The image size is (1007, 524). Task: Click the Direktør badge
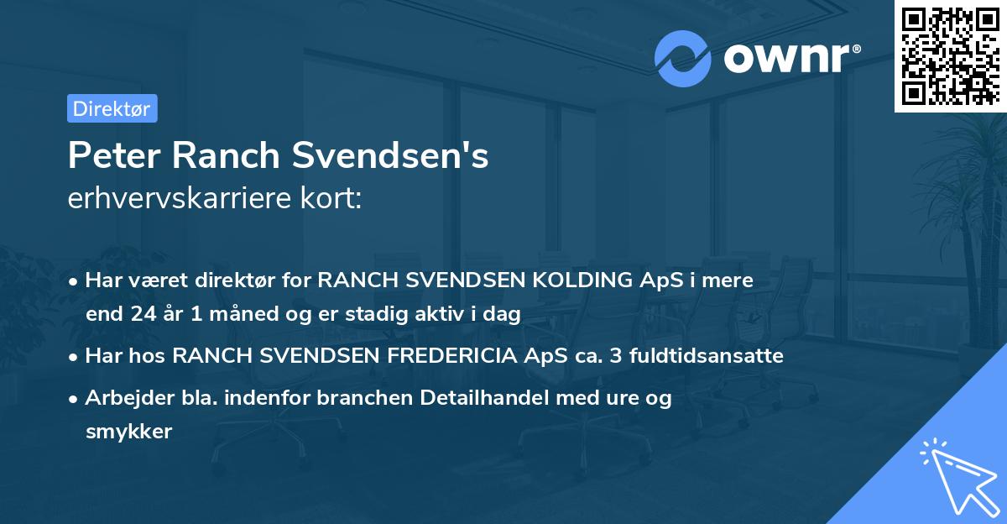112,108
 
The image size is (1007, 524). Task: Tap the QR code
950,55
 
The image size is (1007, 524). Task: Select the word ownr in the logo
789,60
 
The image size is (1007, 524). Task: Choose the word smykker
128,432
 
